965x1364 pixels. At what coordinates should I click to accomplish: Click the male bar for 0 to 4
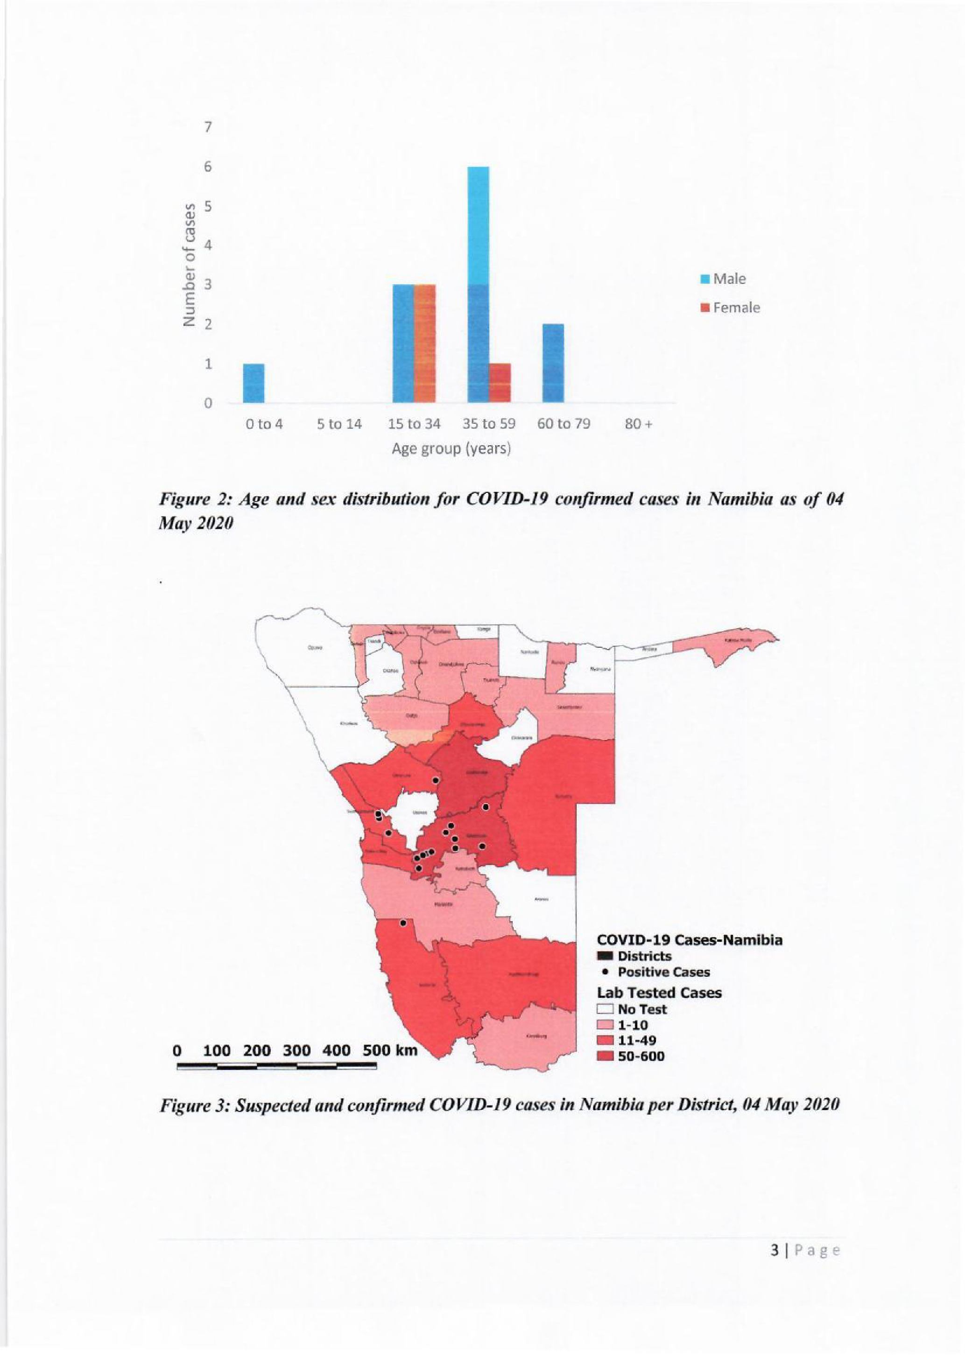254,383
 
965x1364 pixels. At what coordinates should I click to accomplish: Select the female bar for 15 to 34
424,343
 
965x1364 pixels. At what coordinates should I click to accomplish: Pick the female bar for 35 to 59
500,383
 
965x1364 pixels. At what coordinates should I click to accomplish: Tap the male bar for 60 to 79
553,363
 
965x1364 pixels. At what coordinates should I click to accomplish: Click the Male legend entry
724,279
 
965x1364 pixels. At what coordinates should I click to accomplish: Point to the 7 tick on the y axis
207,127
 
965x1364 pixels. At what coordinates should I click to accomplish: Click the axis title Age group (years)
451,448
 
